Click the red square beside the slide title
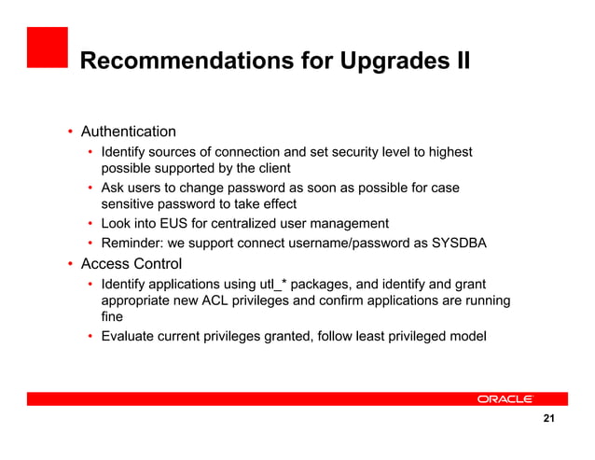tap(47, 48)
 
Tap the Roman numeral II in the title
tap(457, 63)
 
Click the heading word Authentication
tap(128, 132)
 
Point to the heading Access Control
tap(131, 264)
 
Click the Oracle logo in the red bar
tap(505, 398)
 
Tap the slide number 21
tap(548, 420)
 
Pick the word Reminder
tap(131, 244)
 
